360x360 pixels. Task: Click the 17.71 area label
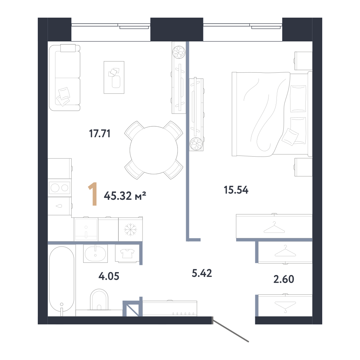100,134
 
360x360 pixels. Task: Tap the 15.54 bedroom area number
236,190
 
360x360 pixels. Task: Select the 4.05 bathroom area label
109,276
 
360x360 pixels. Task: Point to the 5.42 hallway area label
202,273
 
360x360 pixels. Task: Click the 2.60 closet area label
284,279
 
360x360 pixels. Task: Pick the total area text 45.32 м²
125,196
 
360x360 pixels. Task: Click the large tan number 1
93,194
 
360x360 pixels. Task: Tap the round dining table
154,150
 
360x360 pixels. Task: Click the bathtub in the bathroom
62,279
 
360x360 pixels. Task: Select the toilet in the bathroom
99,299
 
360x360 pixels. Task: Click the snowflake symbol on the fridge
130,229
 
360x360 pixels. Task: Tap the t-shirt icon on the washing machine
127,253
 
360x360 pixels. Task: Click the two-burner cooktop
60,188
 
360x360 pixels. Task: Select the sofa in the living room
65,78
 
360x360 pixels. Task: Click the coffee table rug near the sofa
114,77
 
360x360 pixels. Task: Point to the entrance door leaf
230,329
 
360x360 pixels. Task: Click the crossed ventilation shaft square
131,308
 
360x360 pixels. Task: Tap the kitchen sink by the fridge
86,229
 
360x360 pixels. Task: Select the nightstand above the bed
303,61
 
